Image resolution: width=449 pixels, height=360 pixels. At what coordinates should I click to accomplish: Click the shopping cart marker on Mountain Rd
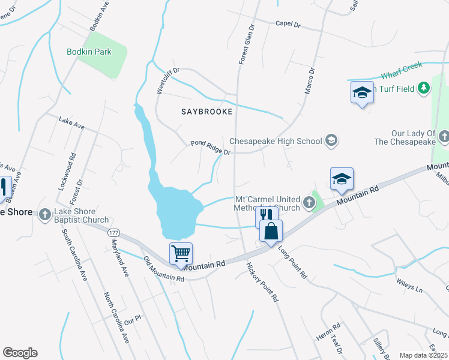tap(181, 253)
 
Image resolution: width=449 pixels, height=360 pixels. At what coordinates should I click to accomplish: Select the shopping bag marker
tap(271, 231)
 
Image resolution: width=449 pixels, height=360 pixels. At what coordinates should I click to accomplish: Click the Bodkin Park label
tap(89, 52)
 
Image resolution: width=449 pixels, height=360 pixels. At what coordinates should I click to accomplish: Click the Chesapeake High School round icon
tap(330, 141)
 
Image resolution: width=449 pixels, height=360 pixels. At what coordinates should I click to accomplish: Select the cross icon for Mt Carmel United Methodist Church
tap(309, 203)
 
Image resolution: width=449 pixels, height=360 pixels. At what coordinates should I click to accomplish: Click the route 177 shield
tap(114, 232)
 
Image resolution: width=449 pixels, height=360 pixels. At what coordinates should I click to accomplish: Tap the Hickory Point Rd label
tap(263, 281)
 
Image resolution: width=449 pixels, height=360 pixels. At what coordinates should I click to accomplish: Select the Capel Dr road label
tap(288, 24)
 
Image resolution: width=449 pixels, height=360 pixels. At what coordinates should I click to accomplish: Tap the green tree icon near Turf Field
tap(424, 88)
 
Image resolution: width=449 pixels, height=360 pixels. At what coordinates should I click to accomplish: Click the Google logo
tap(20, 353)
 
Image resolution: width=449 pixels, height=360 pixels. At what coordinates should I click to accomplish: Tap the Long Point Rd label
tap(293, 264)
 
